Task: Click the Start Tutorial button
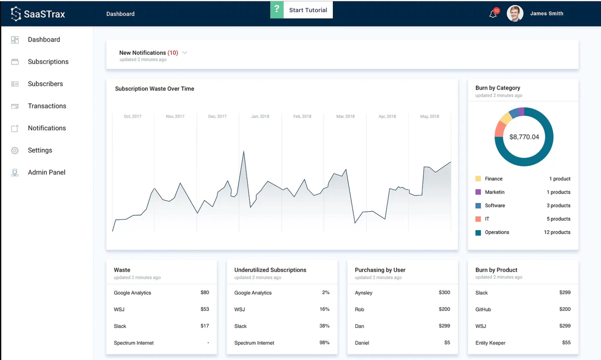click(302, 10)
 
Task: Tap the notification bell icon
click(493, 14)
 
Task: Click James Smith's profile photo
click(514, 14)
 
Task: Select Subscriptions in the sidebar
click(48, 62)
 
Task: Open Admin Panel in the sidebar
click(46, 172)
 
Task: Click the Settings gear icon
click(15, 150)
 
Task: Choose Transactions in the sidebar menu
click(47, 106)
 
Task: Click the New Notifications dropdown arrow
click(185, 53)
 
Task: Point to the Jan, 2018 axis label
click(260, 117)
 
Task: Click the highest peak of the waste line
click(244, 151)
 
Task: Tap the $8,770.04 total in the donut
click(524, 137)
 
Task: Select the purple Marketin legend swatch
click(478, 192)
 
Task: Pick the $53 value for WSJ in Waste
click(204, 309)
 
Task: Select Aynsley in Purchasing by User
click(364, 293)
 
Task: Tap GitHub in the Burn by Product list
click(483, 309)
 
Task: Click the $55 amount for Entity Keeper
click(566, 343)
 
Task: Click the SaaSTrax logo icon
click(16, 14)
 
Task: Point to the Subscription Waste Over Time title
click(154, 89)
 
